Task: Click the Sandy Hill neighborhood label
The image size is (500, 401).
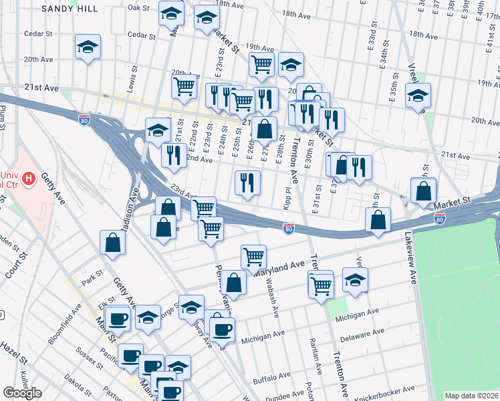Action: point(68,9)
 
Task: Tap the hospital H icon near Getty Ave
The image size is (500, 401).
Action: point(28,178)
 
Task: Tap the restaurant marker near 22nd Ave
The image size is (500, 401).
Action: point(174,155)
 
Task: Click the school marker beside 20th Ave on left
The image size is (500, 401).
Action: point(87,47)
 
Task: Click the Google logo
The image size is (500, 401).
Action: point(22,393)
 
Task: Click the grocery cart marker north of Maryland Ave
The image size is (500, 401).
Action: point(253,257)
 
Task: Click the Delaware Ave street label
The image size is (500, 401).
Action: point(362,332)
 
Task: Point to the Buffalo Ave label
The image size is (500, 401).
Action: point(271,380)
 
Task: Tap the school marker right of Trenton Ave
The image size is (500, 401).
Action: point(355,280)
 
